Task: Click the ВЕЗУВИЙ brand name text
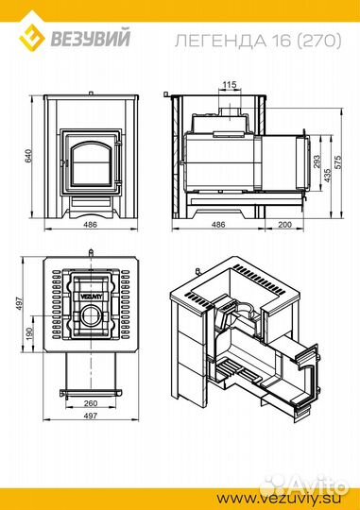click(x=91, y=38)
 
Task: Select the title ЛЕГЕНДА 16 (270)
click(x=258, y=42)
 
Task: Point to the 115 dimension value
click(x=230, y=85)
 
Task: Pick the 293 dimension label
click(x=317, y=161)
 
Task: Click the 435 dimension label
click(x=327, y=175)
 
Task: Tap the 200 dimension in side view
click(x=285, y=225)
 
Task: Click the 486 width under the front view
click(x=91, y=225)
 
